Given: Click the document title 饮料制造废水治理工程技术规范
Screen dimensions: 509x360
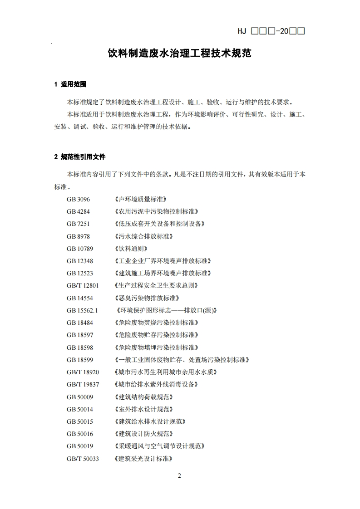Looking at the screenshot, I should coord(179,54).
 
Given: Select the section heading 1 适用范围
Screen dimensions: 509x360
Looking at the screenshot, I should coord(70,84).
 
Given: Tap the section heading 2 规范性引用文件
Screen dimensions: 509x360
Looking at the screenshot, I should coord(80,157).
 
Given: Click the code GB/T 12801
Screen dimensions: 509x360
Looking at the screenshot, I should coord(82,285).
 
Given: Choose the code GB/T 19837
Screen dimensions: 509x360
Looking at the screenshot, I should coord(82,384).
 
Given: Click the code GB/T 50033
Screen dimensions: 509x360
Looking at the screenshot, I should coord(82,459).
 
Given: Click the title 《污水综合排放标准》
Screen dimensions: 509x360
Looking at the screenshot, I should coord(144,236).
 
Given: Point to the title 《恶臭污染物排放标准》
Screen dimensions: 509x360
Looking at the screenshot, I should coord(147,298).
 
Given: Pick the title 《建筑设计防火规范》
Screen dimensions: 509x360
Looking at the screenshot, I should coord(144,434).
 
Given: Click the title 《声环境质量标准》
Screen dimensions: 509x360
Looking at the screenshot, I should coord(141,199).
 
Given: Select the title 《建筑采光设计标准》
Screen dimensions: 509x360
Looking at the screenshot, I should coord(144,459).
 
